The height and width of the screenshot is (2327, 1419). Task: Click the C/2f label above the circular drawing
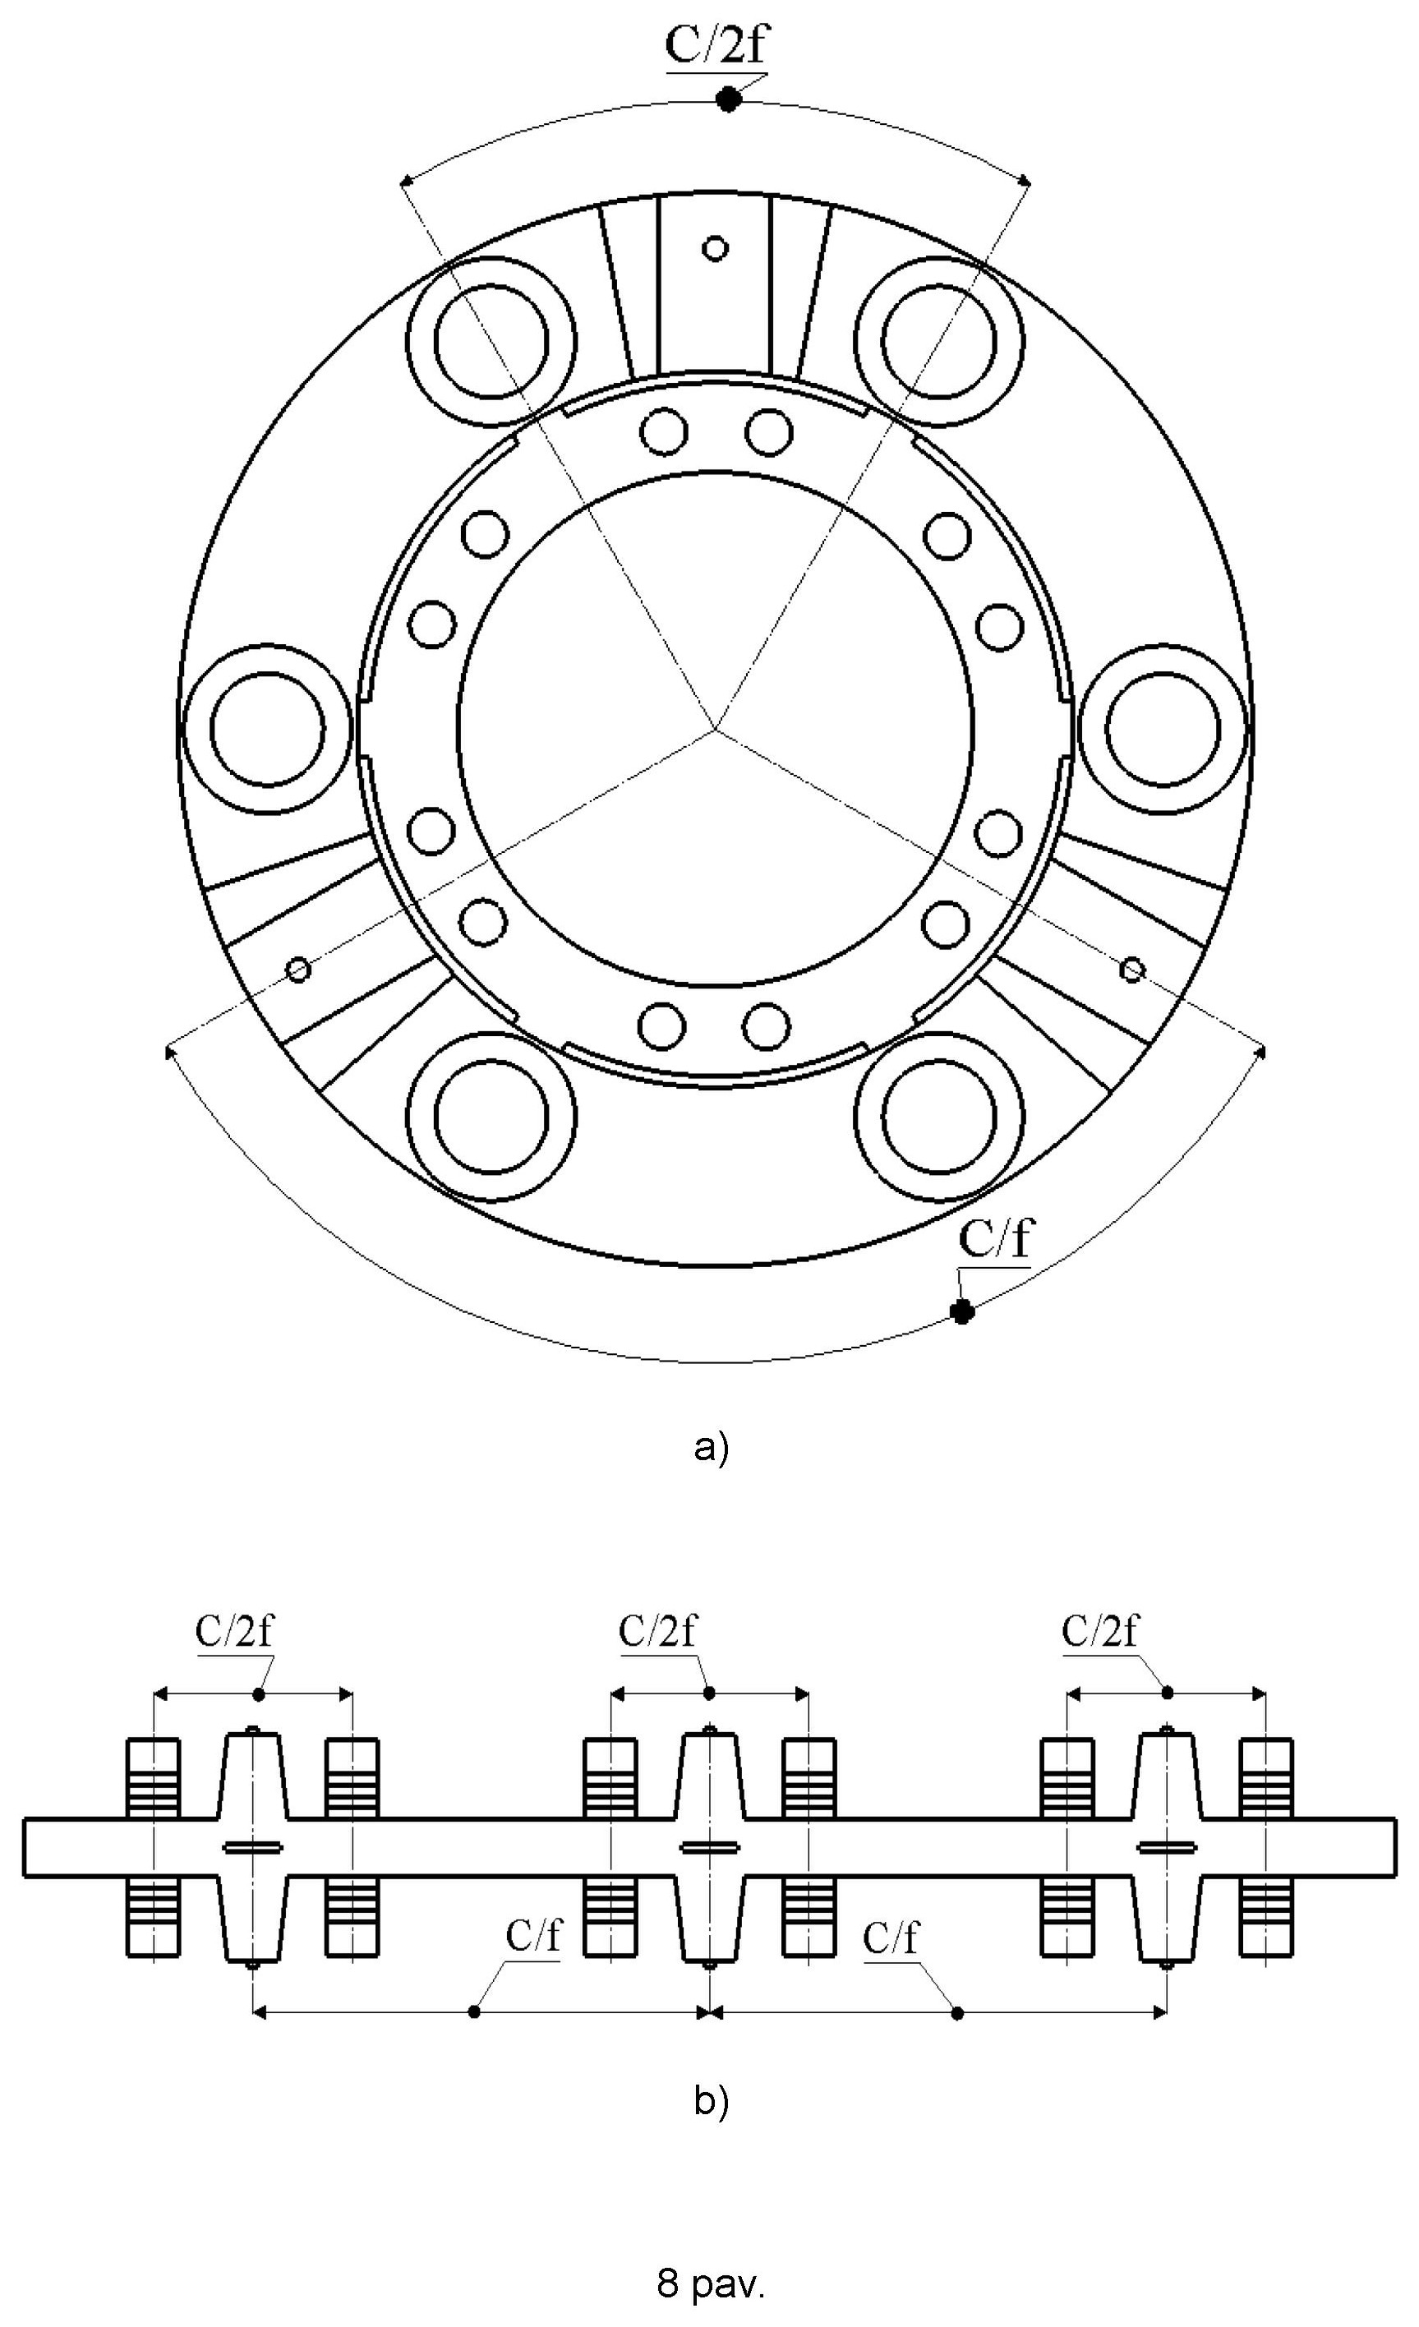click(x=715, y=45)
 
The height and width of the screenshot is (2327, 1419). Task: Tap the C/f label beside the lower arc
click(x=996, y=1238)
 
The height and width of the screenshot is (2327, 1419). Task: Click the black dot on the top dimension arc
click(x=727, y=99)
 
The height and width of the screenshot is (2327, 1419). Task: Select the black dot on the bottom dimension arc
click(x=962, y=1311)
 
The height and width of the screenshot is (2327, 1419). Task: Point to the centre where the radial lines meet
click(x=715, y=729)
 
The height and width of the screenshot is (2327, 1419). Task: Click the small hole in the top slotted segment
click(x=716, y=248)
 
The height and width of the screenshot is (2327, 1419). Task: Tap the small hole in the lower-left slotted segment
click(x=298, y=969)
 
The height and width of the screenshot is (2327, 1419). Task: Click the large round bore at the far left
click(x=268, y=729)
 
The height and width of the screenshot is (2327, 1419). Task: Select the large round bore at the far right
click(x=1162, y=729)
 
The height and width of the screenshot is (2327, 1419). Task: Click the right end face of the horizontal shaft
click(x=1395, y=1847)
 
